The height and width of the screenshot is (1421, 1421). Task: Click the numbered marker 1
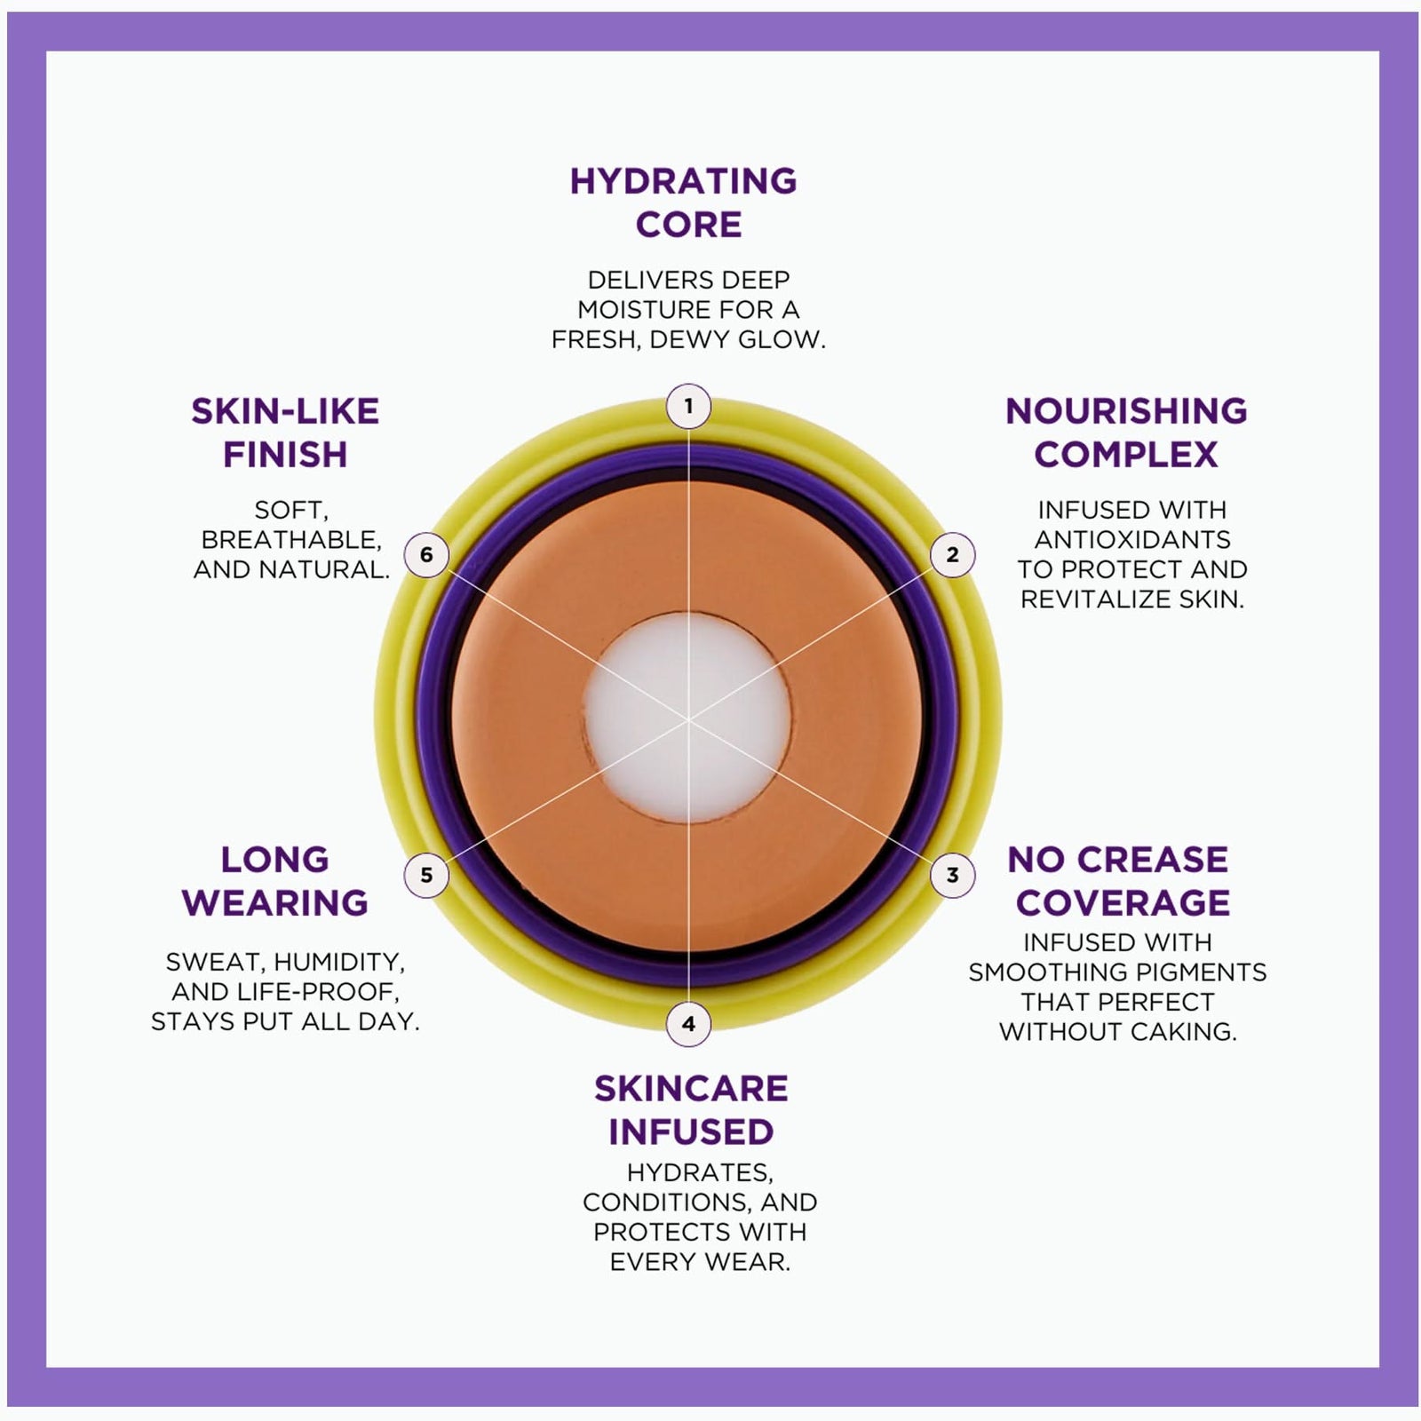pos(688,407)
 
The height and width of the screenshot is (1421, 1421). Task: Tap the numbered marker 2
pos(952,555)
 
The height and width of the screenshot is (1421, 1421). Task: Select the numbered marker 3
pos(952,875)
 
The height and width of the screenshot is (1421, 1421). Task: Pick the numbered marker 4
pos(688,1024)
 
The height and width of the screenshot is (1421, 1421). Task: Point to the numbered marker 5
pos(426,875)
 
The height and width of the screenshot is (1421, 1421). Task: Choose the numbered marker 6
pos(426,555)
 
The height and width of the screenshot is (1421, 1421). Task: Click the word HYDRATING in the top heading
pos(684,181)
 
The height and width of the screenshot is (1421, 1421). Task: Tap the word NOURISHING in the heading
pos(1126,411)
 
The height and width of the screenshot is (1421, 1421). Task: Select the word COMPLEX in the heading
pos(1126,455)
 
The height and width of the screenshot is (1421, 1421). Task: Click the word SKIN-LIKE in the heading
pos(285,411)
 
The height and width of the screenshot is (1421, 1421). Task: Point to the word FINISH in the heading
pos(285,455)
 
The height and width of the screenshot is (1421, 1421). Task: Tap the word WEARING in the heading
pos(275,903)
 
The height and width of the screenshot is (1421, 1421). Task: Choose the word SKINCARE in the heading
pos(691,1089)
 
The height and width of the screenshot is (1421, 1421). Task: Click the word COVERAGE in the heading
pos(1123,903)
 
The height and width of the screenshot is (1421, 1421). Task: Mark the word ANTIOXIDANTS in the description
pos(1132,540)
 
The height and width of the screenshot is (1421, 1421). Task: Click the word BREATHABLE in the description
pos(291,540)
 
